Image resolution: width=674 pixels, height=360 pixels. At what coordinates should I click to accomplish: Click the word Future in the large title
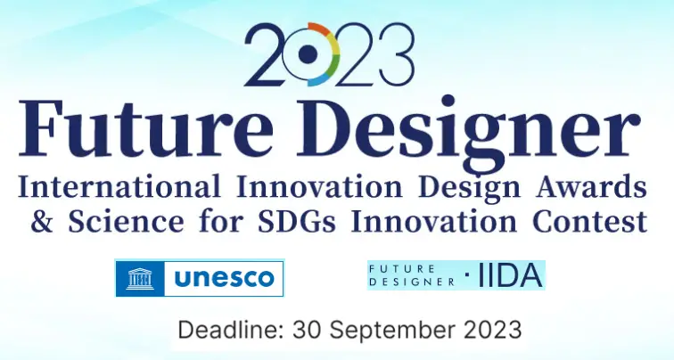point(145,128)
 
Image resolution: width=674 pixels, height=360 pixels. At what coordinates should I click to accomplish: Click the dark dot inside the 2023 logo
point(307,53)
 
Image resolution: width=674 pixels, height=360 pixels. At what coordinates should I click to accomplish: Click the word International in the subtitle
point(119,186)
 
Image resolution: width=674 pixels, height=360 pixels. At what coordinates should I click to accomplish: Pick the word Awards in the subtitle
point(591,186)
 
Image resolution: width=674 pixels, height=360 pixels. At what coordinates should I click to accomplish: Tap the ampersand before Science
point(42,221)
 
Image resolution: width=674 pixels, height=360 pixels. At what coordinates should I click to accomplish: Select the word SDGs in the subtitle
point(298,221)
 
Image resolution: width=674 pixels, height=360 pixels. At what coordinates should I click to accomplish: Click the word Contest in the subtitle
point(590,221)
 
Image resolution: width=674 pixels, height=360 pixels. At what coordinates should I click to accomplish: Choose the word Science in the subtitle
point(126,221)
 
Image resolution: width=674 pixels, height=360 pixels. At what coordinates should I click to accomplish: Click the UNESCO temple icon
point(140,278)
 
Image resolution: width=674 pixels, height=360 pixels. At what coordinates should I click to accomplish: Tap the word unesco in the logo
point(224,278)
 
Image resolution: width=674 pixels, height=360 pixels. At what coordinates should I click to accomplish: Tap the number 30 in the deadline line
point(308,330)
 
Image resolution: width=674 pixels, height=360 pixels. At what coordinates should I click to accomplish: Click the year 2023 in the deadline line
point(493,330)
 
